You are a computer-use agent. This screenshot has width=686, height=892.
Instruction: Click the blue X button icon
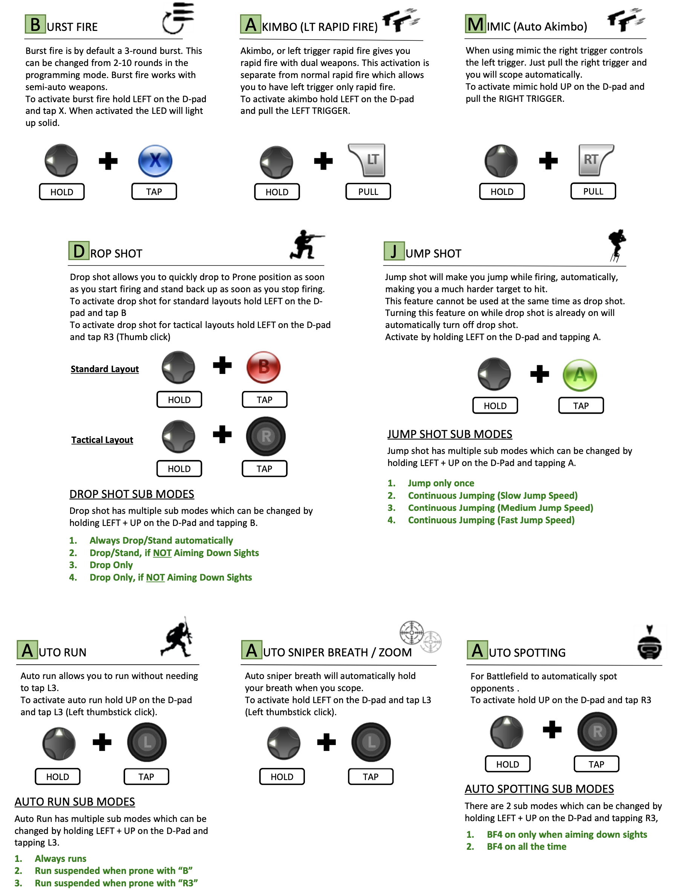[155, 161]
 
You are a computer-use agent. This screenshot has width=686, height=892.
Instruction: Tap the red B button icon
[264, 367]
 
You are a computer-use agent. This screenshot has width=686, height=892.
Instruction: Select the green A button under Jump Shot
[580, 375]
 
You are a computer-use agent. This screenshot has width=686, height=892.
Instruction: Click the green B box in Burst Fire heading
[35, 24]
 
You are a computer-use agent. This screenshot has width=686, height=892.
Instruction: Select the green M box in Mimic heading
[475, 24]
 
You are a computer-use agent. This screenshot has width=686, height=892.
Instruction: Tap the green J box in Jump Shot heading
[394, 251]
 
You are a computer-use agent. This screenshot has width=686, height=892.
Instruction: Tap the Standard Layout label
[104, 369]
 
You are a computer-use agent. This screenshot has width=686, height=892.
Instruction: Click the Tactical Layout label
[102, 440]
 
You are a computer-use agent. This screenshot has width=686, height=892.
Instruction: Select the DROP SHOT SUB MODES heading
[132, 494]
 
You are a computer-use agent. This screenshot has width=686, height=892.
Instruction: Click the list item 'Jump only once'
[441, 483]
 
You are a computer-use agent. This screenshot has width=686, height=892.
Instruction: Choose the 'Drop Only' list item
[111, 565]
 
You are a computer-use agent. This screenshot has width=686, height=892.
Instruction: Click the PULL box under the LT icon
[368, 192]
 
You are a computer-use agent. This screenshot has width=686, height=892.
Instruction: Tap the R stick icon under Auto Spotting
[597, 731]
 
